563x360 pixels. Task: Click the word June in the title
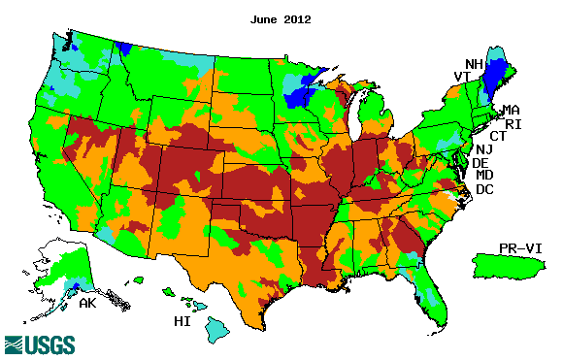click(265, 19)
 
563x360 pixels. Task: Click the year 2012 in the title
click(297, 19)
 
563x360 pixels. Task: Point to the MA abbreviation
click(511, 111)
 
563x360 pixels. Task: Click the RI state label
click(511, 124)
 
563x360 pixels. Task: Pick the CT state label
click(497, 137)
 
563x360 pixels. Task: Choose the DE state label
click(480, 163)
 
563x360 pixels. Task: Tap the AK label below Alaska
click(87, 303)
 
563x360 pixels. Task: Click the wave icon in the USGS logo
click(17, 344)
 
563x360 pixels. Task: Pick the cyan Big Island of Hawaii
click(216, 332)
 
